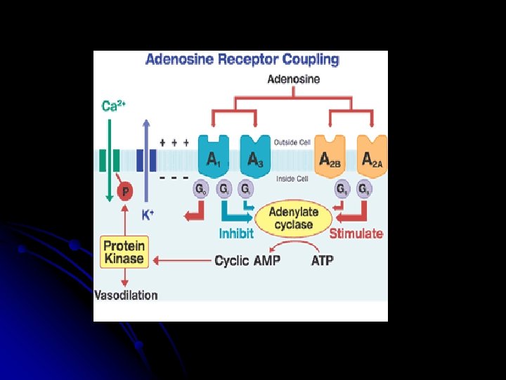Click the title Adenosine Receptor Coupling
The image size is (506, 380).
(x=242, y=60)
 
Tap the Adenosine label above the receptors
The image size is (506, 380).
(x=294, y=79)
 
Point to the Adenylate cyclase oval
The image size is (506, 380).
(x=293, y=218)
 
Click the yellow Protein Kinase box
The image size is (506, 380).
(x=124, y=252)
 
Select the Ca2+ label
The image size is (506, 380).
(x=113, y=106)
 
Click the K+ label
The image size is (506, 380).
(x=147, y=215)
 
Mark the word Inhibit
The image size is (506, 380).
(x=236, y=234)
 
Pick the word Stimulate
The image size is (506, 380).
(x=356, y=234)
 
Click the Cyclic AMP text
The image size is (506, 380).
(x=247, y=261)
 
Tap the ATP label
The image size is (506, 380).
(x=322, y=261)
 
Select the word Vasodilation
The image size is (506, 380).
(x=126, y=295)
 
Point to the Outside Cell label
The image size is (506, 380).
(x=292, y=142)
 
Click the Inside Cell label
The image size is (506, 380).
(x=292, y=179)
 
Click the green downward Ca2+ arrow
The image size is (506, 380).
(x=109, y=162)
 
